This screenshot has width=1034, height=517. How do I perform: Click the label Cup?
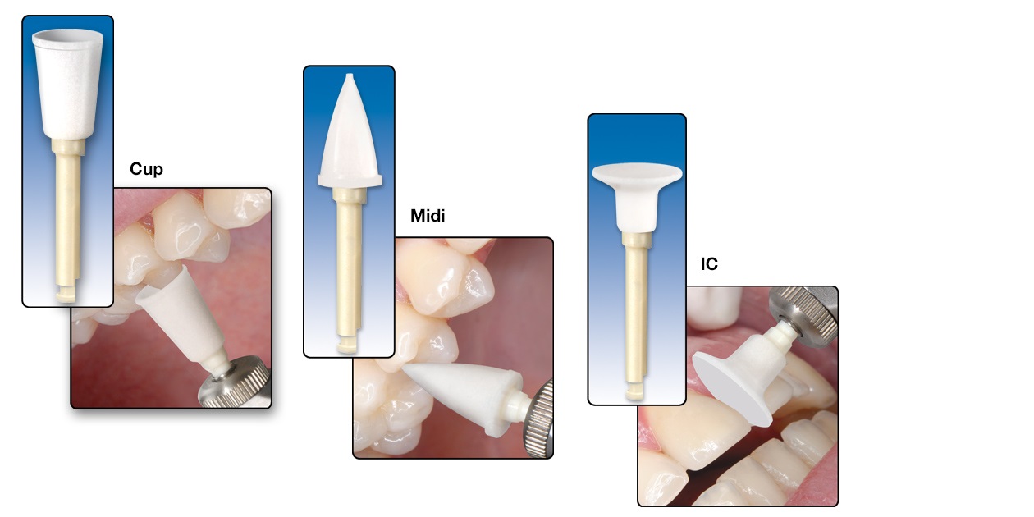146,169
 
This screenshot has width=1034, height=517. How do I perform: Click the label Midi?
428,216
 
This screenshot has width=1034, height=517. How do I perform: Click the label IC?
709,264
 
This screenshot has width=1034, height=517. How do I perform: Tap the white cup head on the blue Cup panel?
67,83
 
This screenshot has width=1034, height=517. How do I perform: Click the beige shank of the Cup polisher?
68,217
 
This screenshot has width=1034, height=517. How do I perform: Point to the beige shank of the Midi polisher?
349,268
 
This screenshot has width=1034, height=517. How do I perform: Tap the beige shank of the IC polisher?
636,313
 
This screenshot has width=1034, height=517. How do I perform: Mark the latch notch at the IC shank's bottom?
635,392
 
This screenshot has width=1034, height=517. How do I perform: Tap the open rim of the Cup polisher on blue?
67,38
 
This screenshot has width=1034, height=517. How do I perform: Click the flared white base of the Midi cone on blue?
350,180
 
